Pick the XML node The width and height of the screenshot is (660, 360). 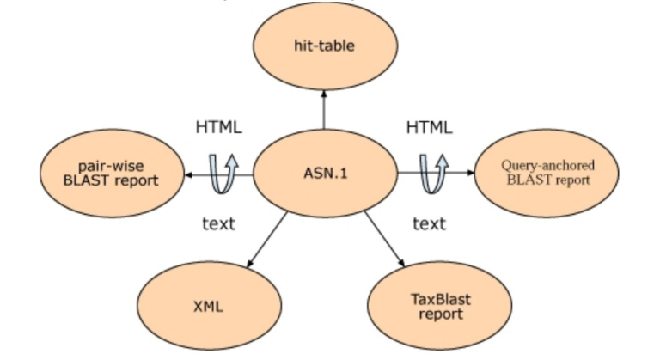tap(208, 306)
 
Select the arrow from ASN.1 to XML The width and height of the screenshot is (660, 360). tap(268, 240)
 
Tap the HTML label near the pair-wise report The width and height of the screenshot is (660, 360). tap(218, 127)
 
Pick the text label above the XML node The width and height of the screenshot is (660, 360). tap(218, 224)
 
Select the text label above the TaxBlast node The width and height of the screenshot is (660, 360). tap(429, 224)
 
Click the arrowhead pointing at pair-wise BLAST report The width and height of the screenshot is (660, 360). tap(190, 174)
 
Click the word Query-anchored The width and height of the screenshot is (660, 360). tap(547, 165)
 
